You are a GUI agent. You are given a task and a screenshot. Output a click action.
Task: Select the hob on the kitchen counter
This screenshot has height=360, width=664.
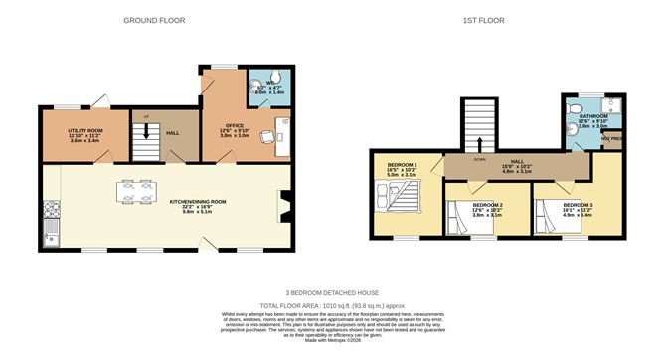click(52, 211)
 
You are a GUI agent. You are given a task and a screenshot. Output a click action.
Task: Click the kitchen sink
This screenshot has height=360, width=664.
click(52, 236)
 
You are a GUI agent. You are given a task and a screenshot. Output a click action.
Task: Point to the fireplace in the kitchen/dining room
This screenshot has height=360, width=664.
click(283, 204)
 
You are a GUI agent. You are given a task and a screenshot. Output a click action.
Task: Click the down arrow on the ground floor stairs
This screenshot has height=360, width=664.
click(147, 131)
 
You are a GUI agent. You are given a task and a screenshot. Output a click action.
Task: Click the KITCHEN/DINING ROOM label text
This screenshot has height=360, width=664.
click(198, 202)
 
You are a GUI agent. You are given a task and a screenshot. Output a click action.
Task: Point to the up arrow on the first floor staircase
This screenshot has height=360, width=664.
click(480, 143)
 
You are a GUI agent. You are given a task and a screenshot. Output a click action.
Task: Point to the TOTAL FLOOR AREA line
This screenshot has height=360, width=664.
click(330, 304)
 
